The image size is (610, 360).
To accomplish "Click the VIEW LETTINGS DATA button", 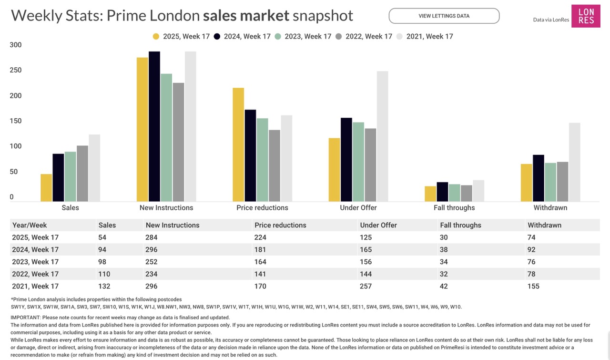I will coord(444,16).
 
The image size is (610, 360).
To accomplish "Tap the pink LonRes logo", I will coord(586,16).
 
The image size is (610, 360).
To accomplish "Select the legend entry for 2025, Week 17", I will coord(181,36).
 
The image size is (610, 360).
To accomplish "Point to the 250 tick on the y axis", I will coord(16,71).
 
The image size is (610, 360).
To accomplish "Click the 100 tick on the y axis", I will coord(16,146).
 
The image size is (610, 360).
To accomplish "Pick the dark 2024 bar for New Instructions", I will coord(154,126).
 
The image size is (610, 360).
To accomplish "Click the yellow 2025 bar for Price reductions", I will coord(238,144).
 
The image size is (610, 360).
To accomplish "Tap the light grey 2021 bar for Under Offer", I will coord(382,136).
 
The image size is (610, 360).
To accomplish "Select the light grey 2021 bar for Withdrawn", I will coord(574,162).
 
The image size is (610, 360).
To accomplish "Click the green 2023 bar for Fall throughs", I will coord(454,193).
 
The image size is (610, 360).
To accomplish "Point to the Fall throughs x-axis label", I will coord(454,208).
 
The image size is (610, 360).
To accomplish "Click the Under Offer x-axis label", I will coord(358,208).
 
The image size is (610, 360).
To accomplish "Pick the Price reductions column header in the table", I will coord(280,225).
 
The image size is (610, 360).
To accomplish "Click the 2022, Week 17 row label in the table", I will coord(35,274).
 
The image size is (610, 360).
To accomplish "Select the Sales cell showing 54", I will coord(102,237).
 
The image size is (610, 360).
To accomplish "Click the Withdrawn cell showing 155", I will coord(533,287).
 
